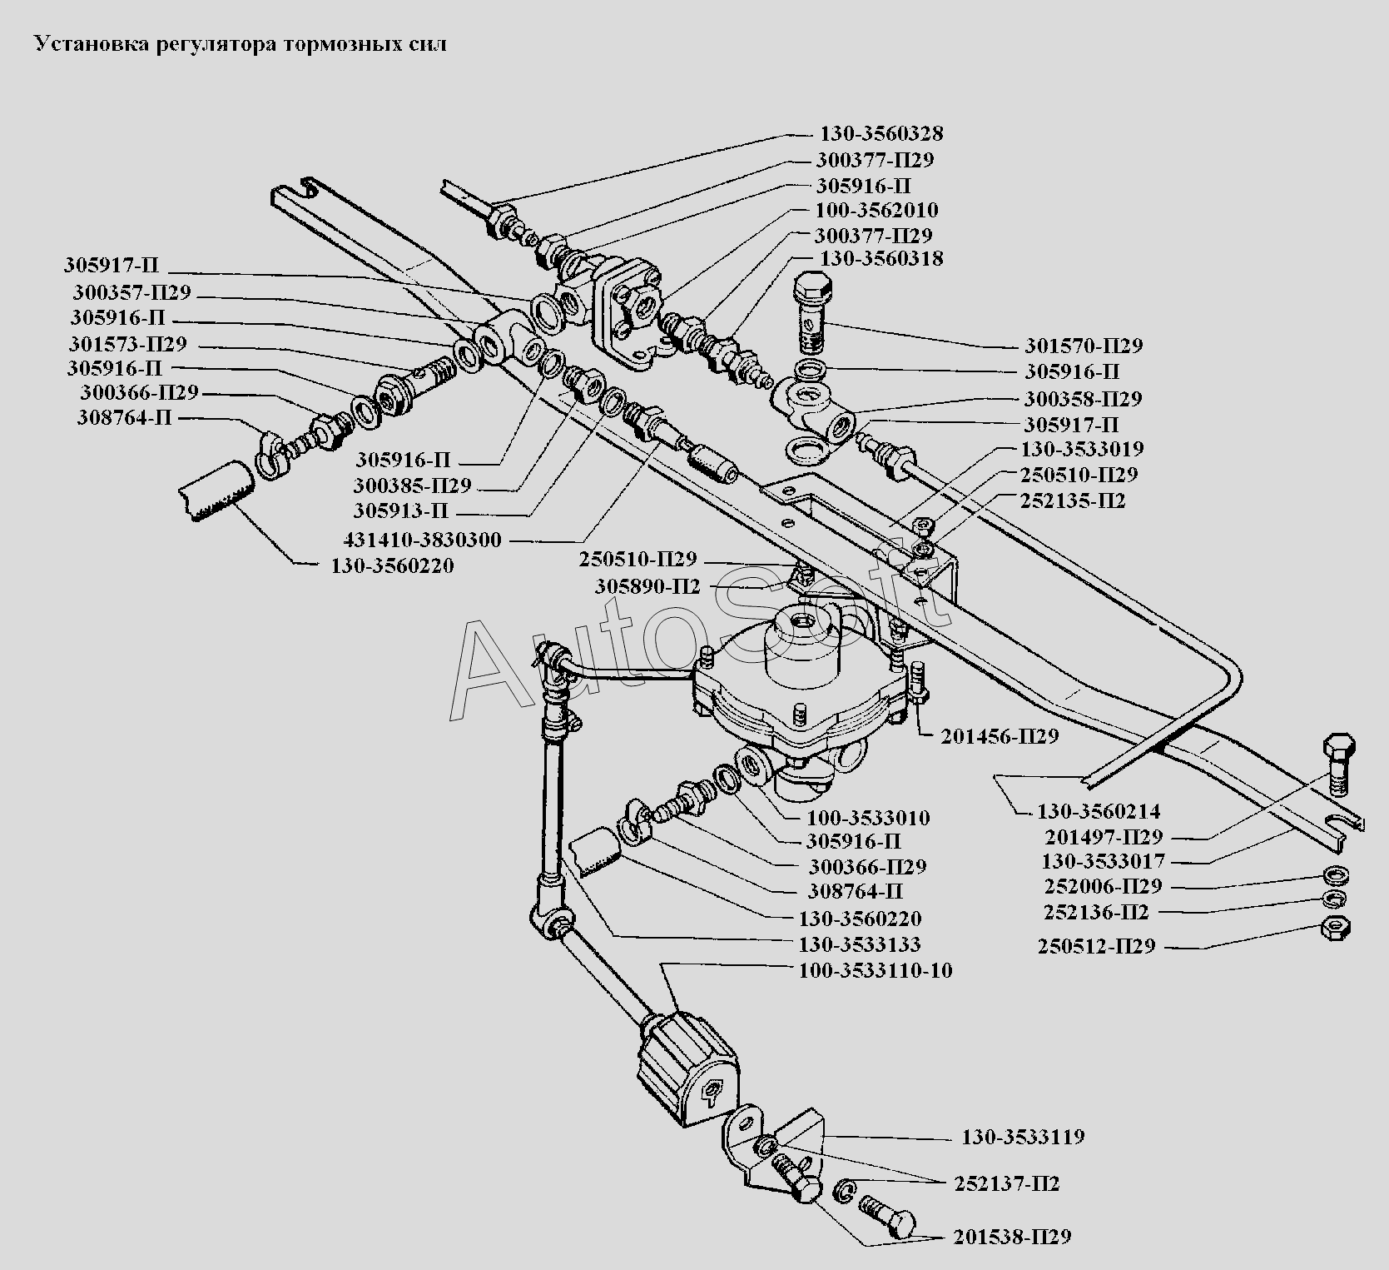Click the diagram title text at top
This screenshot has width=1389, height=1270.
click(240, 44)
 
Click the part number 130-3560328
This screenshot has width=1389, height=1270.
click(881, 134)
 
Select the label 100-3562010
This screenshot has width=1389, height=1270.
click(876, 210)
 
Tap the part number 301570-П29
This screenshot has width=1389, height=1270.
click(1083, 346)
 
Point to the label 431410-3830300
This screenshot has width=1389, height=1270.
click(422, 540)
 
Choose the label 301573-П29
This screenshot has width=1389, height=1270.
click(128, 344)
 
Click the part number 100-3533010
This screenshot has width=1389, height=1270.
click(868, 818)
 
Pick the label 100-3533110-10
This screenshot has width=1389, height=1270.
click(876, 971)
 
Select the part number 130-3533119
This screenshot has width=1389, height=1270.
click(1023, 1137)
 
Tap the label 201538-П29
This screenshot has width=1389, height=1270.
click(1012, 1237)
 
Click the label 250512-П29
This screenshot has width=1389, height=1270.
click(1096, 947)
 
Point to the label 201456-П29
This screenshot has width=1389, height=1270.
click(1000, 737)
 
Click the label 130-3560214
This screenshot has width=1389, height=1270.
click(1098, 811)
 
